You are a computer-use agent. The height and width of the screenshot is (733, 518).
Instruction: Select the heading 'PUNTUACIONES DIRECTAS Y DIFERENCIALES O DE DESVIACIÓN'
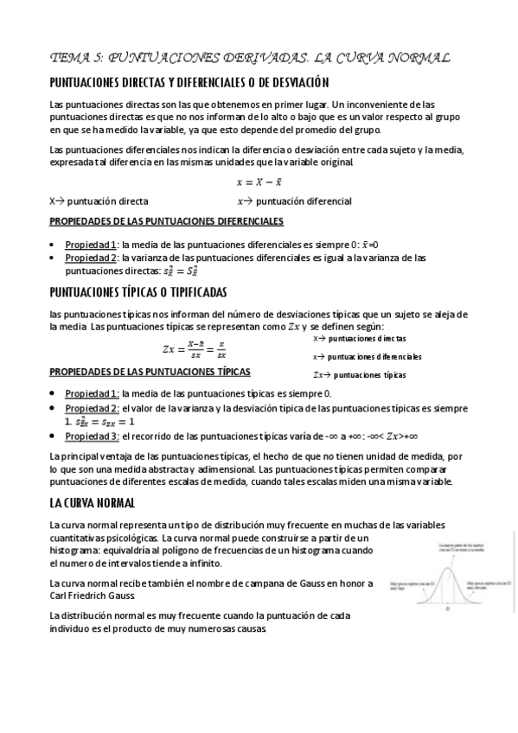(190, 83)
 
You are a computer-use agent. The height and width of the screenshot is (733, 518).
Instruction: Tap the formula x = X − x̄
(259, 182)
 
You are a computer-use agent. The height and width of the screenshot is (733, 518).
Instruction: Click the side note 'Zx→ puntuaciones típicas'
(359, 375)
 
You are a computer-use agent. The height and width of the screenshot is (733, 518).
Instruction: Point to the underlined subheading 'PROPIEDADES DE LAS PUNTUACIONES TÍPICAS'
(150, 372)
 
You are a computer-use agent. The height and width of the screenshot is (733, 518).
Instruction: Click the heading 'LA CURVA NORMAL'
(92, 502)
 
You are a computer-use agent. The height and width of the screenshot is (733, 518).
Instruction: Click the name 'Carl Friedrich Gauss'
(104, 596)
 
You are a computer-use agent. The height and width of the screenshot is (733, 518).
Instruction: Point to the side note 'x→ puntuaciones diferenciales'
(368, 356)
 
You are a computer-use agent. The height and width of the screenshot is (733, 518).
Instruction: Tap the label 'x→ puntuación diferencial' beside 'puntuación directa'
(294, 201)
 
